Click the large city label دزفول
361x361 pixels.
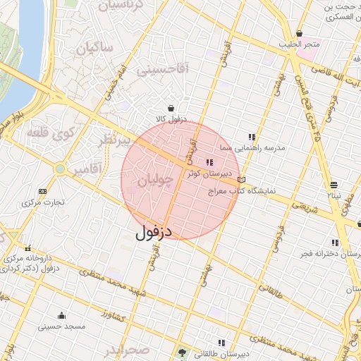pos(154,231)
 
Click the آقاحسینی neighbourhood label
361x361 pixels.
pos(161,69)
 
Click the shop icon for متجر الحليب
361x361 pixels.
pos(299,33)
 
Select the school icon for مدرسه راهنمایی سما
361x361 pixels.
pos(251,137)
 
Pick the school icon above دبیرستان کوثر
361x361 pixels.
pos(209,162)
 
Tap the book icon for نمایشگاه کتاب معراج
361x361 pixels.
pos(242,180)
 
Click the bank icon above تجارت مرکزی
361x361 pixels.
pos(43,191)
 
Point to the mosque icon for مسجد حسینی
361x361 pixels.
pos(61,315)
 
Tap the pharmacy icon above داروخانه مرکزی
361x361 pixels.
pos(28,247)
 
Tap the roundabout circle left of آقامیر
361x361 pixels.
pos(61,169)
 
